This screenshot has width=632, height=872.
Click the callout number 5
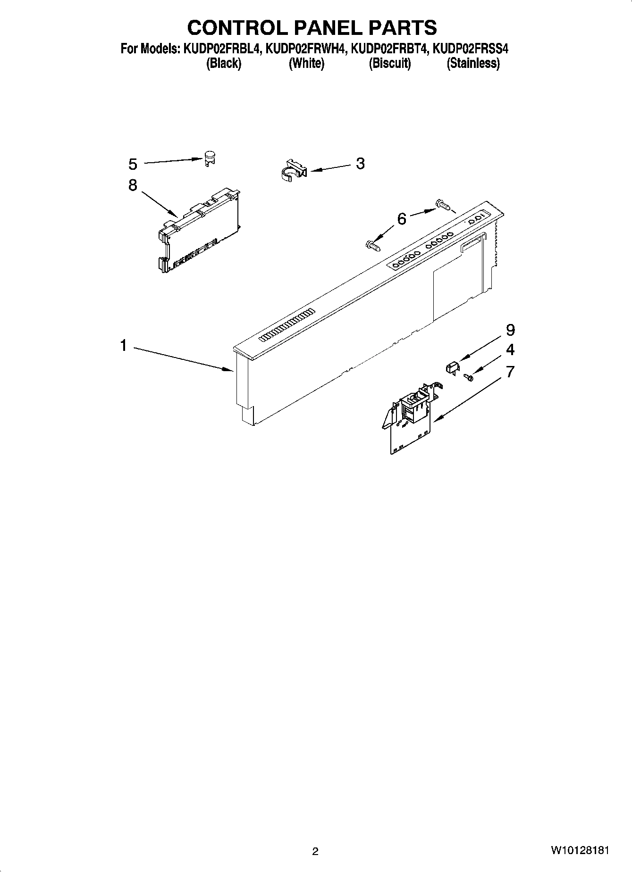tap(133, 164)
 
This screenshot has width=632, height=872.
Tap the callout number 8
tap(133, 185)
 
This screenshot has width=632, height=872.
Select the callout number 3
tap(360, 164)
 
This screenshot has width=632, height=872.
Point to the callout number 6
tap(402, 219)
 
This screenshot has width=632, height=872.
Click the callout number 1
tap(123, 346)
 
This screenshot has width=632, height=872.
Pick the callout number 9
tap(510, 330)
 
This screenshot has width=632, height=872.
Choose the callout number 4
tap(510, 350)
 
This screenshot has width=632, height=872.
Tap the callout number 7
tap(510, 372)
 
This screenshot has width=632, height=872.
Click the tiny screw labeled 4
tap(469, 377)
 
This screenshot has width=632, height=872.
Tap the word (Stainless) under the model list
tap(473, 63)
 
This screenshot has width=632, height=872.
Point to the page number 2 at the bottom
tap(315, 851)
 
